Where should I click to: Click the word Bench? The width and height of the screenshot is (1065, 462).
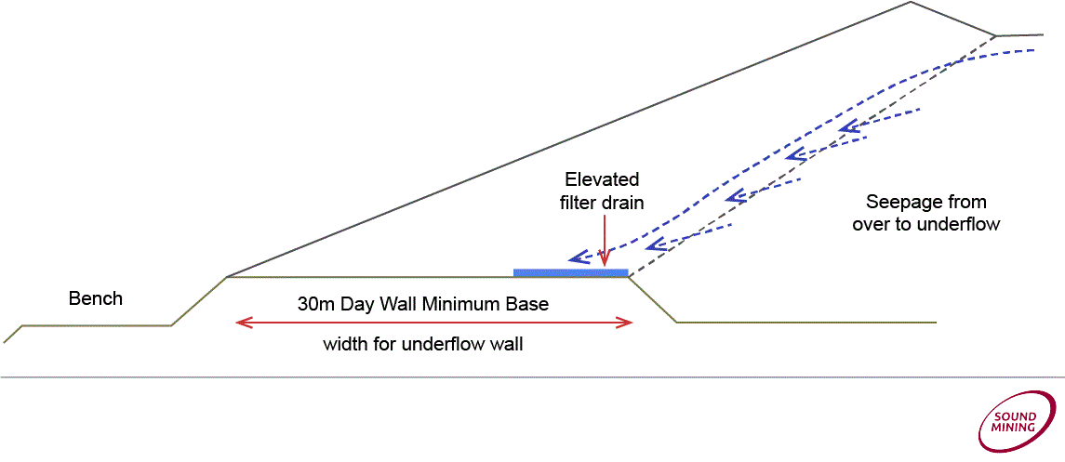click(x=96, y=298)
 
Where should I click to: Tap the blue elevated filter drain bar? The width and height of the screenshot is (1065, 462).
click(x=570, y=272)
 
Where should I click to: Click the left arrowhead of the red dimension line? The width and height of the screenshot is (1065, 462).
click(x=243, y=323)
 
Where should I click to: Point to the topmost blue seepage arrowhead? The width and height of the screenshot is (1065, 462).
click(x=846, y=127)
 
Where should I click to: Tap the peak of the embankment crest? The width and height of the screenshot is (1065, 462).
click(x=910, y=2)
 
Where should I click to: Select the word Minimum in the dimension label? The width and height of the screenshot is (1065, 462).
click(x=461, y=304)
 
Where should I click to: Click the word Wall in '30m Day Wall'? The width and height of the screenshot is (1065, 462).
click(x=397, y=304)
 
